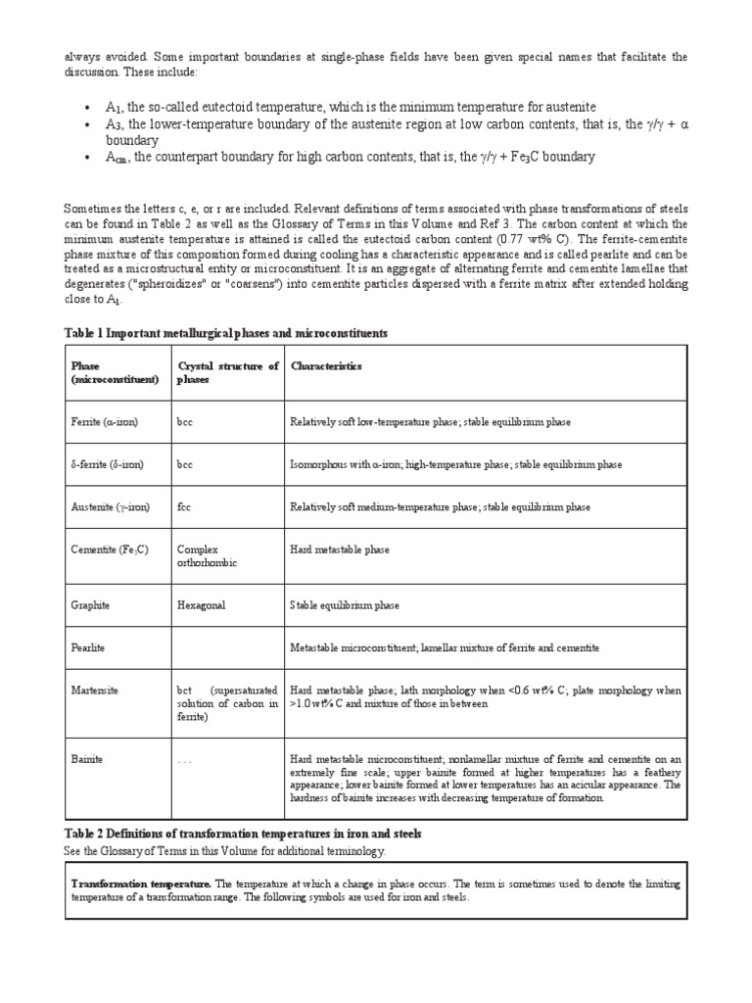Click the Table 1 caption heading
click(225, 334)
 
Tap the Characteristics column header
click(325, 366)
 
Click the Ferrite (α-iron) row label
click(105, 421)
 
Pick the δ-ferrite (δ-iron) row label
click(108, 464)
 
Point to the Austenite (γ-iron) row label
click(111, 507)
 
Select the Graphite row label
click(91, 605)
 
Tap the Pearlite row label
click(90, 648)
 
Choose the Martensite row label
click(95, 691)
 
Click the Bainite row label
click(87, 759)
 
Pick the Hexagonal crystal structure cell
click(201, 605)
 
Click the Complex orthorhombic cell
click(207, 556)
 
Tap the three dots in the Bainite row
click(185, 760)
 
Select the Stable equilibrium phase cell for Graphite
click(345, 605)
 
